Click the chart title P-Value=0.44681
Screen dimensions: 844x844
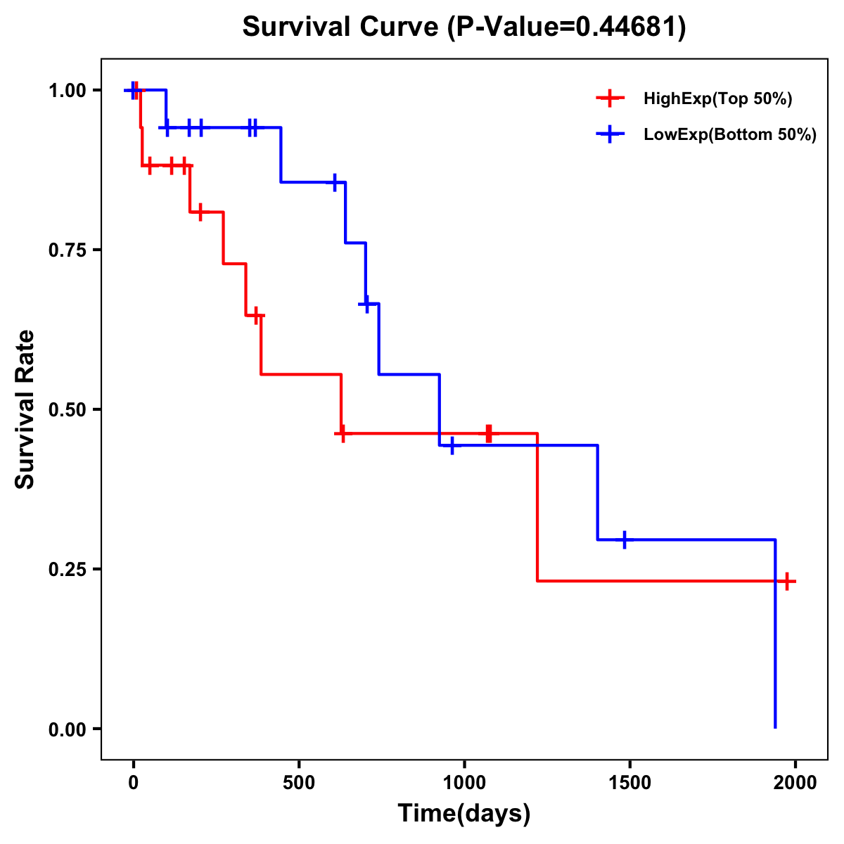[464, 27]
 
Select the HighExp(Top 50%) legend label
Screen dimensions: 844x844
[718, 99]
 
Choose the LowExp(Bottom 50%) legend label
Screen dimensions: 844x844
[730, 135]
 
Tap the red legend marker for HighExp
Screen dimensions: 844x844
[610, 99]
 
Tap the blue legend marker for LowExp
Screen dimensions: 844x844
[610, 135]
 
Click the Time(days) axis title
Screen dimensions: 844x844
[464, 814]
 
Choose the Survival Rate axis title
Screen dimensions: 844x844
[25, 409]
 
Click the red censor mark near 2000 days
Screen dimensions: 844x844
[787, 581]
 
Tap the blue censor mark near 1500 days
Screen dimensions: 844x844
[624, 539]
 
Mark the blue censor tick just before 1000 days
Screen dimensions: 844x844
[452, 445]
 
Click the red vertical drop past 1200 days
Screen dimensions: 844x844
[537, 506]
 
